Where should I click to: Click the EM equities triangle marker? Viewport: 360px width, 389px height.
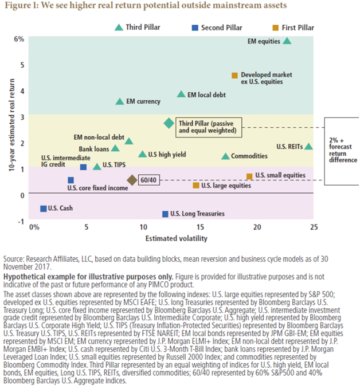[x=287, y=41]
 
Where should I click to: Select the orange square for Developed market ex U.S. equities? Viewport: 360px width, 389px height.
[x=234, y=75]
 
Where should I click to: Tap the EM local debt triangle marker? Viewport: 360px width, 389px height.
[x=182, y=94]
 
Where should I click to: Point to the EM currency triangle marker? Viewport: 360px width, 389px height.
[x=119, y=101]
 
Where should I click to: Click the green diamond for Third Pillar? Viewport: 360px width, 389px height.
[x=169, y=123]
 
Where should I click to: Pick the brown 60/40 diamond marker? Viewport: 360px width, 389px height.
[x=132, y=180]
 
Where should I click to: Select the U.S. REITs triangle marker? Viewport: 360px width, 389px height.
[x=308, y=146]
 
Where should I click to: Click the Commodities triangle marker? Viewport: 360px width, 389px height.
[x=225, y=156]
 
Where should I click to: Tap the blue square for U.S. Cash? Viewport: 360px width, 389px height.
[x=43, y=209]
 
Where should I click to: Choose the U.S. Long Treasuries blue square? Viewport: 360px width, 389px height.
[x=165, y=214]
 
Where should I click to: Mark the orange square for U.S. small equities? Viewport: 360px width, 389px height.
[x=249, y=176]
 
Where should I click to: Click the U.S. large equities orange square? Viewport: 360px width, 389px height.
[x=196, y=185]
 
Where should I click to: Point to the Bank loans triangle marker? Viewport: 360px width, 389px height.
[x=115, y=148]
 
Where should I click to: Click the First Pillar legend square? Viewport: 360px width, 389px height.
[x=275, y=27]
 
